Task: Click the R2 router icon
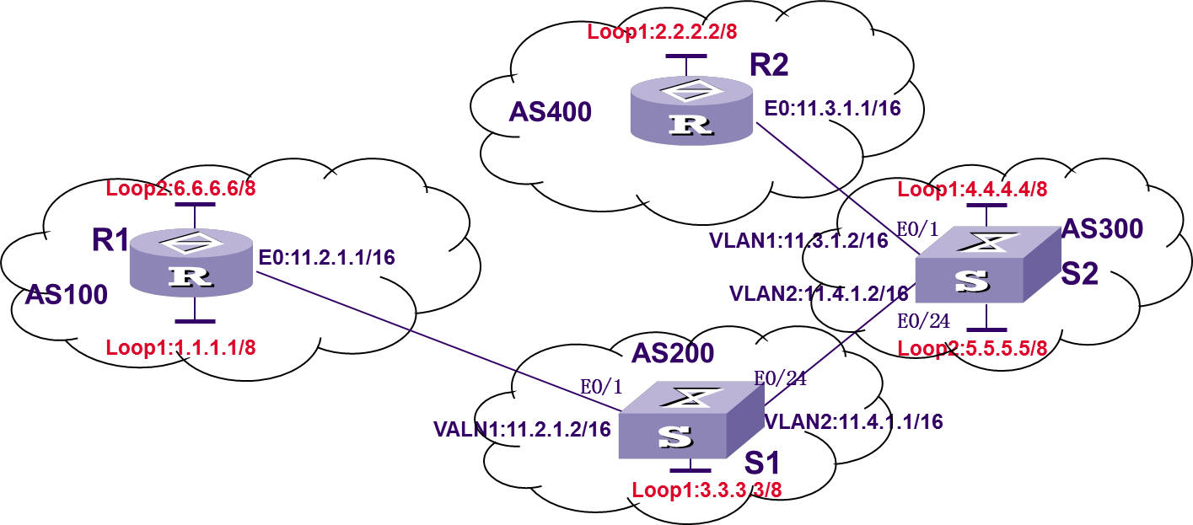[x=691, y=110]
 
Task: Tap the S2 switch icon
[x=986, y=266]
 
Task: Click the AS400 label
[x=550, y=112]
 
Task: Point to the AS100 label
[x=66, y=294]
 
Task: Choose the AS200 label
[x=673, y=353]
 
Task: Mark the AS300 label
[x=1102, y=228]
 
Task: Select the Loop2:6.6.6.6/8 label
[x=180, y=188]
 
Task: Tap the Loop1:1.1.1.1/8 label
[x=180, y=347]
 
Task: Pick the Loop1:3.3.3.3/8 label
[x=707, y=490]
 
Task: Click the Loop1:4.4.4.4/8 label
[x=972, y=189]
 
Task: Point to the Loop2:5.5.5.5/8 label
[x=972, y=348]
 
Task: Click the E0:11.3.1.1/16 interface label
[x=832, y=109]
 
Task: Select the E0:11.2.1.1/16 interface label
[x=326, y=258]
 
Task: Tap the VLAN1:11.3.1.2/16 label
[x=798, y=240]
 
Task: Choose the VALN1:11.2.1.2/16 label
[x=522, y=429]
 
